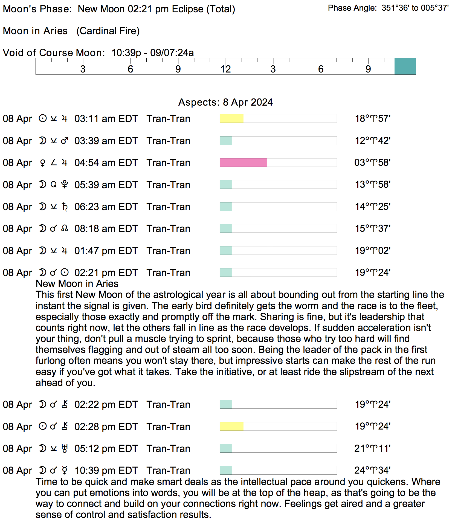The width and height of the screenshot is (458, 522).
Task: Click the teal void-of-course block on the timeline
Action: pos(405,66)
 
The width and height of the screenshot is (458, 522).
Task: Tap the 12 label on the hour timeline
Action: pos(225,69)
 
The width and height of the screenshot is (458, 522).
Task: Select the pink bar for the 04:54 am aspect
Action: pos(243,163)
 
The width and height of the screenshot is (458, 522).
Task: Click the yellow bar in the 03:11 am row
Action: pos(231,119)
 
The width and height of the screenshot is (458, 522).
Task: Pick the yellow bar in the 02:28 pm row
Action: pos(231,427)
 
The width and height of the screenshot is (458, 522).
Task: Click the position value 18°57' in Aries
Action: pos(372,119)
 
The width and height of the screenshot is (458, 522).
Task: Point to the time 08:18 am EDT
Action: pos(106,229)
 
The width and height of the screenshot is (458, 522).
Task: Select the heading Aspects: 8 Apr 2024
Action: pos(225,102)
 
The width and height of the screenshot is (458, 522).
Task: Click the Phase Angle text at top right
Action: pos(388,8)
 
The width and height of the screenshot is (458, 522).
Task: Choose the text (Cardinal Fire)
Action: pos(108,31)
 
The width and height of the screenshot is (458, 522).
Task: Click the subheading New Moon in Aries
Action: pos(77,284)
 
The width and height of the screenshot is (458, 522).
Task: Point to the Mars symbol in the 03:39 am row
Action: pos(65,141)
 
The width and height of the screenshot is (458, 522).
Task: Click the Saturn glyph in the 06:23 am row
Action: pos(65,207)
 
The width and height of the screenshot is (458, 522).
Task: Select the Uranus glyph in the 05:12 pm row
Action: pos(65,448)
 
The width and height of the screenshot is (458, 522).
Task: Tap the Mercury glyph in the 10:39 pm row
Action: pos(65,470)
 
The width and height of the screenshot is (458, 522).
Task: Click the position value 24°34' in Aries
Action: pos(372,470)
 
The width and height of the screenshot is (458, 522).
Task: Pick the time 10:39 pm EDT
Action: pos(106,471)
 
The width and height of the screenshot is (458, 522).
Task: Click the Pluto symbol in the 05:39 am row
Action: pos(65,185)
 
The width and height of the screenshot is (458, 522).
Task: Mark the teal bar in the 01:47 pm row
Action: pos(226,251)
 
